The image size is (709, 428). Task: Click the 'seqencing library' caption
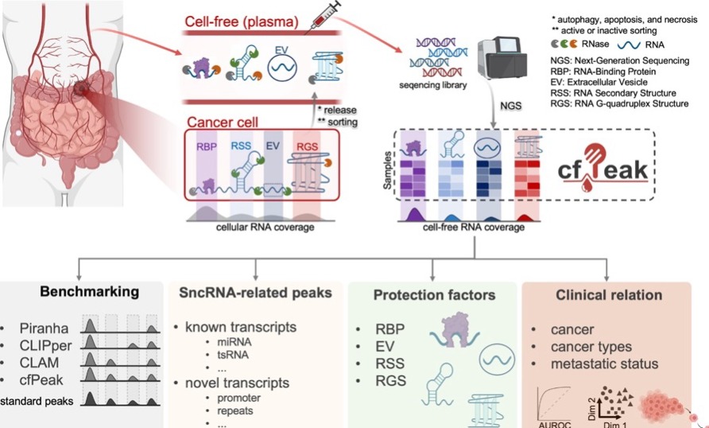point(436,86)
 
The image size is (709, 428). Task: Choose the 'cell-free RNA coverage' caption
point(474,228)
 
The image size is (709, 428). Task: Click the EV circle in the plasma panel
point(281,68)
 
